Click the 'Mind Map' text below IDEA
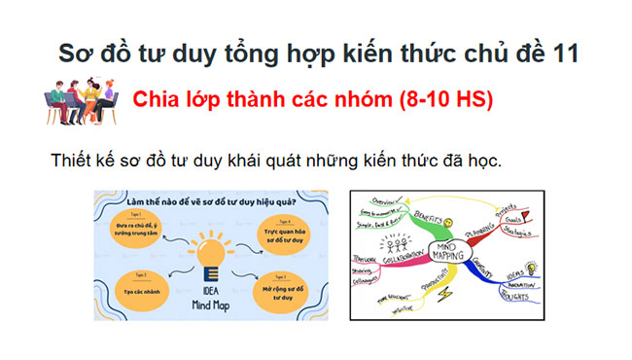pos(211,305)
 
